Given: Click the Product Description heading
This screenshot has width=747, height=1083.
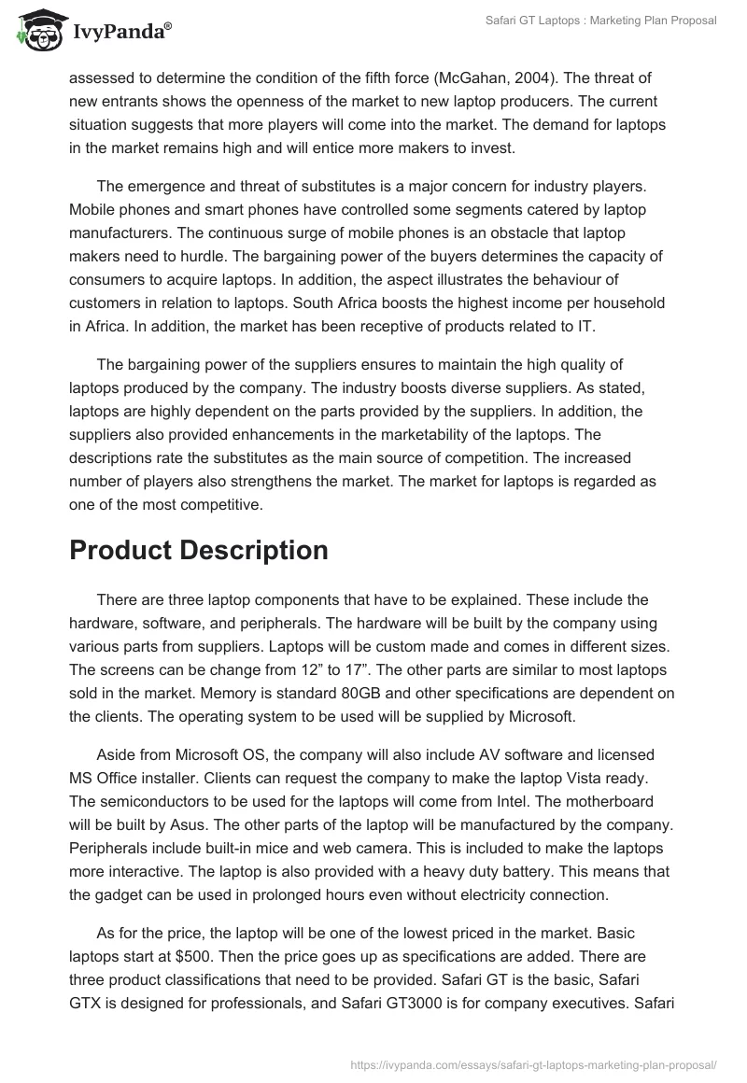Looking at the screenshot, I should tap(198, 550).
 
